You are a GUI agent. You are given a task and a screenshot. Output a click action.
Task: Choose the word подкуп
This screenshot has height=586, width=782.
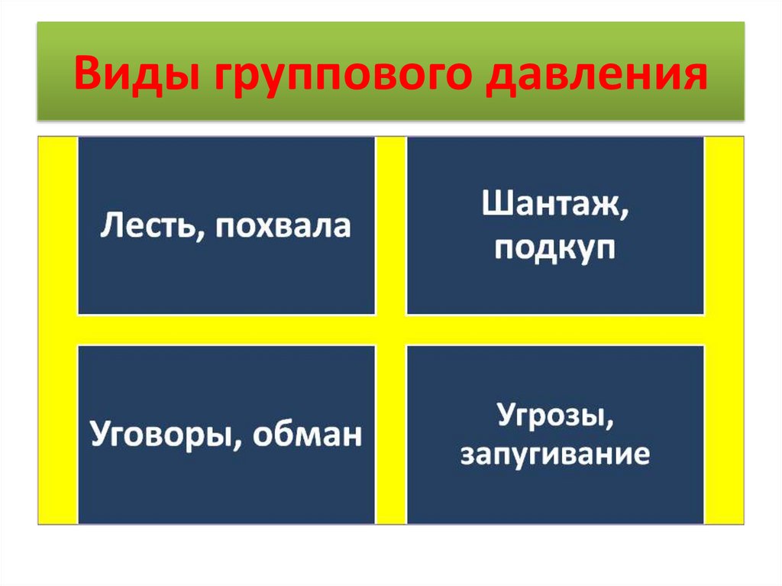(x=554, y=248)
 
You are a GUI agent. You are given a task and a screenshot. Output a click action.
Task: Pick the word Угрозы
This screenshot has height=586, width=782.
(x=554, y=417)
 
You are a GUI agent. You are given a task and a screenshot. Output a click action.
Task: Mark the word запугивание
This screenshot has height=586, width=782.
(x=554, y=455)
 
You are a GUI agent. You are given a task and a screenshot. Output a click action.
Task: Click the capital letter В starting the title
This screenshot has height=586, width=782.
(x=86, y=75)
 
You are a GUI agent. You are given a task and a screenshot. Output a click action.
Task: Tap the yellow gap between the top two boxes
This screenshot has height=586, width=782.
(x=390, y=225)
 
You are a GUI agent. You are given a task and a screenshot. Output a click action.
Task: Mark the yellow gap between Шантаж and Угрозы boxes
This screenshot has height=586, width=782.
(x=554, y=329)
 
